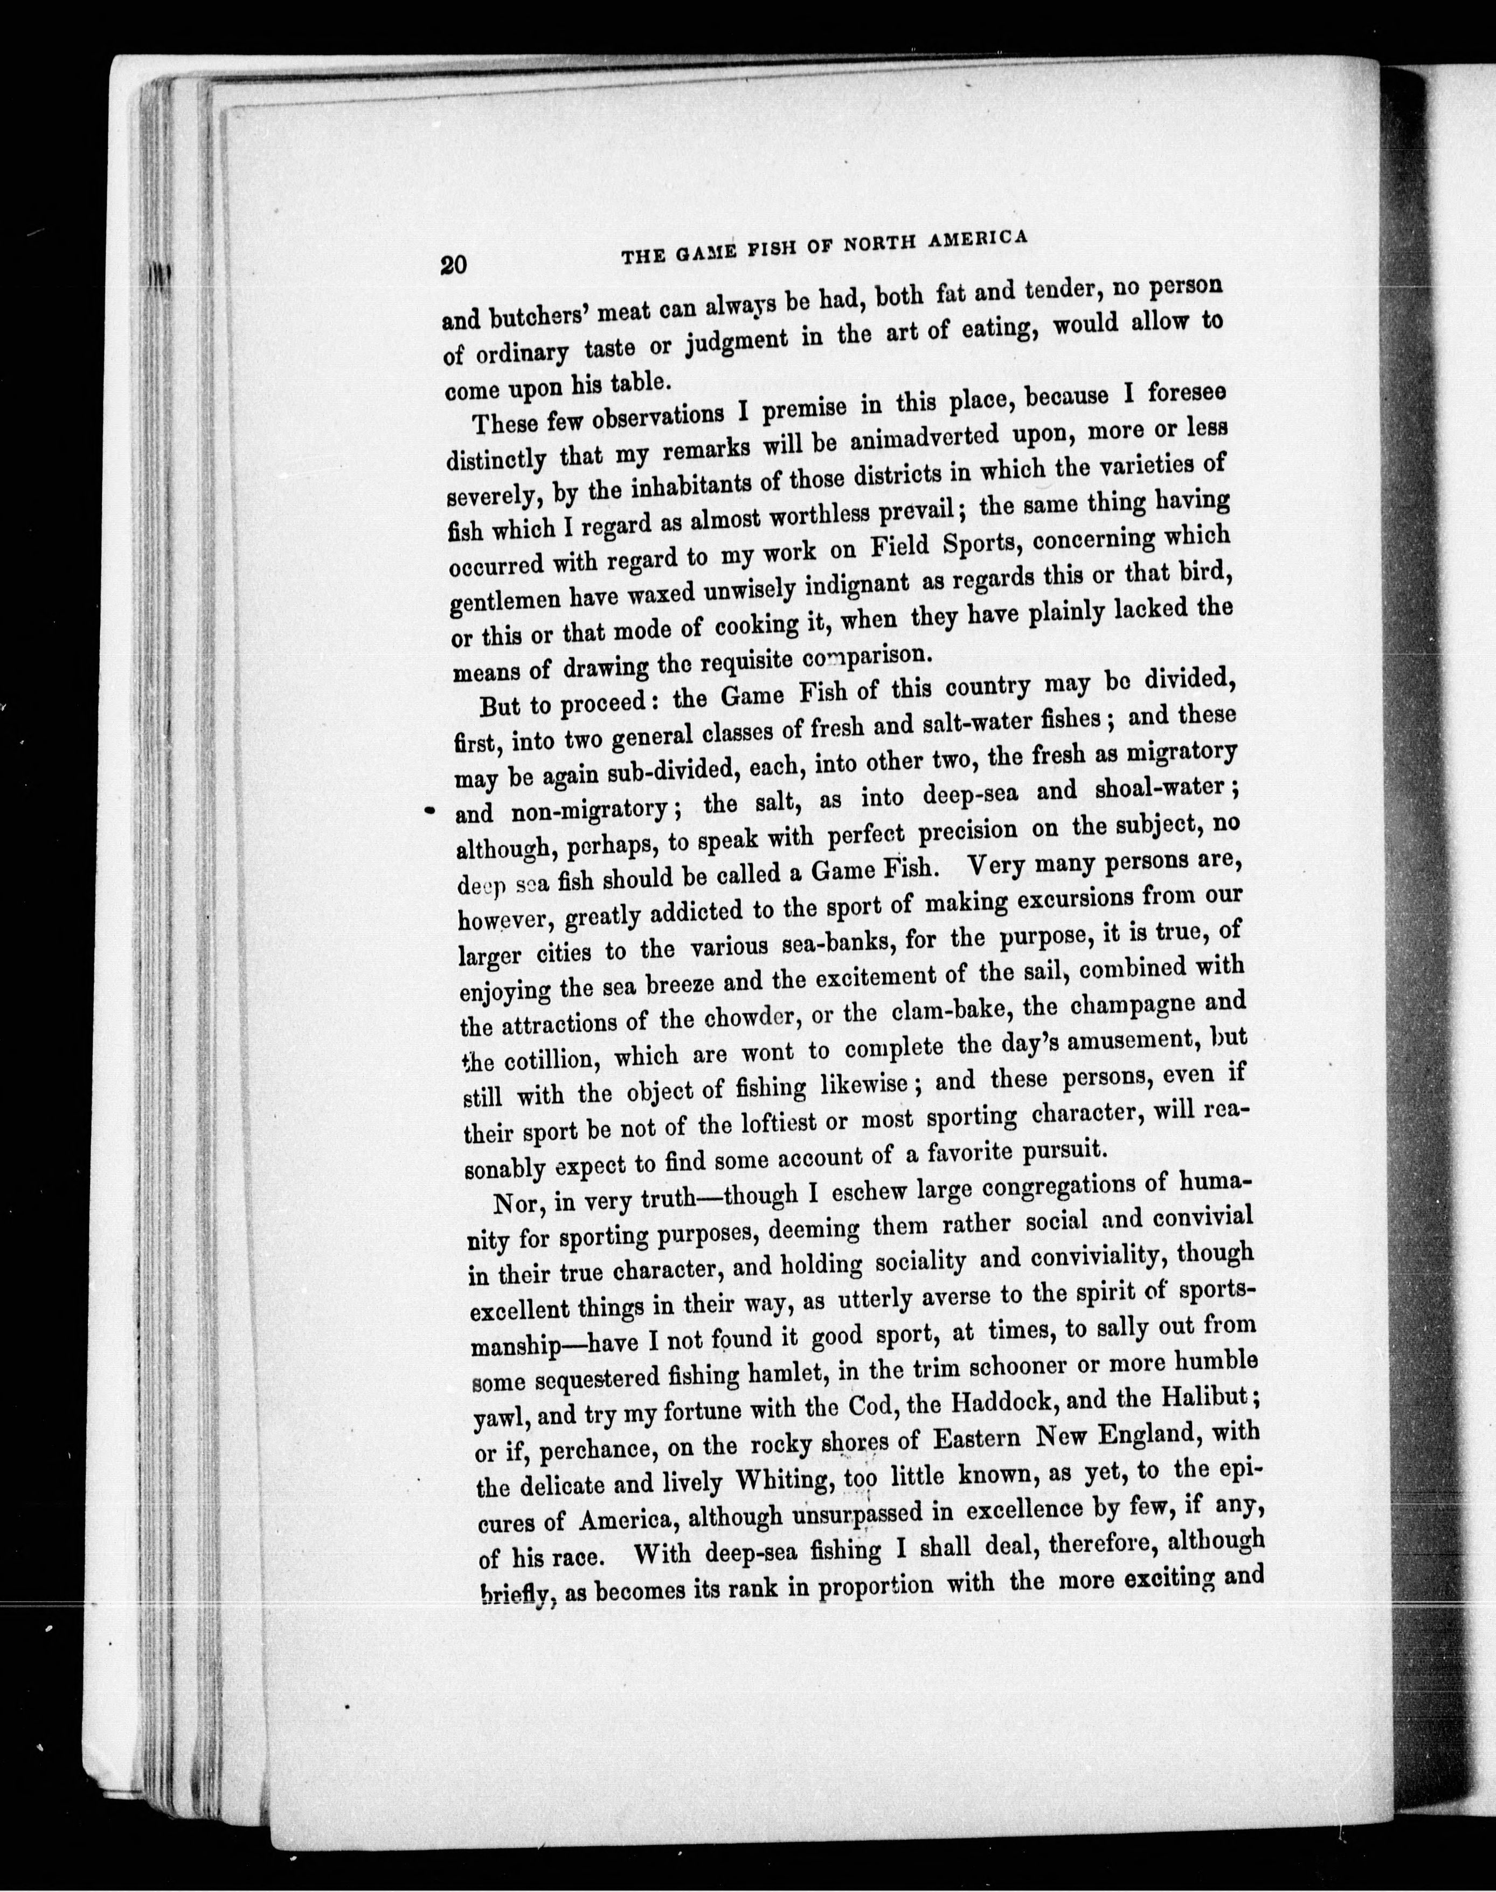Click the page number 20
[x=455, y=265]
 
